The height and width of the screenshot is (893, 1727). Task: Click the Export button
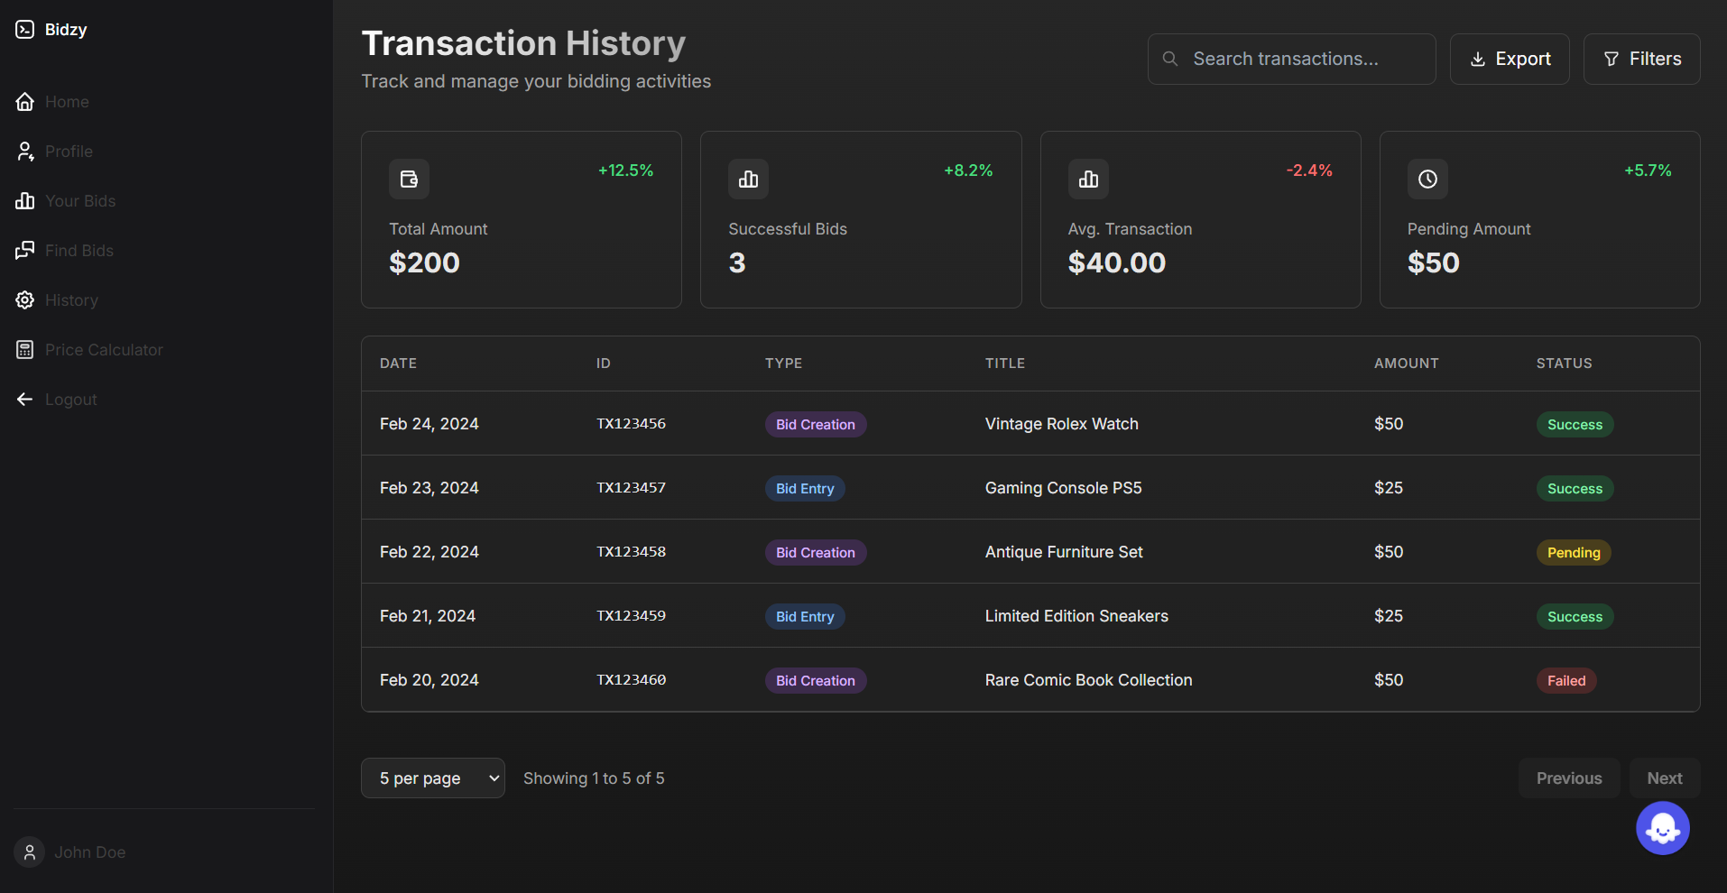pos(1510,59)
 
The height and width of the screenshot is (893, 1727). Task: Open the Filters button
pos(1641,59)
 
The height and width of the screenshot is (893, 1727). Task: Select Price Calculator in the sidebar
pos(104,350)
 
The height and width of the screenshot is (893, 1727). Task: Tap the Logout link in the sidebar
pos(70,400)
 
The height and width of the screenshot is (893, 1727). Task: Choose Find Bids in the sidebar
pos(79,251)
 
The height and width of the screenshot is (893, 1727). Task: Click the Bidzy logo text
pos(66,30)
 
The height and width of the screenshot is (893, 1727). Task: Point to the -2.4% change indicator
pos(1308,170)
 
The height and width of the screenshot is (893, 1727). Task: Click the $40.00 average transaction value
pos(1116,262)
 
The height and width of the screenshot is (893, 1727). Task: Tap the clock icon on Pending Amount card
pos(1427,179)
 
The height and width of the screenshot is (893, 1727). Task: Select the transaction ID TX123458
pos(631,552)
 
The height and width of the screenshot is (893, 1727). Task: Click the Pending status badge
pos(1574,552)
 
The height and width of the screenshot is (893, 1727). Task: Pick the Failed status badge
pos(1566,680)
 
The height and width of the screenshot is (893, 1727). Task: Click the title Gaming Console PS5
pos(1063,488)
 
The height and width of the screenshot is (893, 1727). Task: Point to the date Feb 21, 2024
pos(428,616)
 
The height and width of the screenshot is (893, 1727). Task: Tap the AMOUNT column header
pos(1406,364)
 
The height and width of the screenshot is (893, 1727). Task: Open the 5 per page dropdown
pos(432,778)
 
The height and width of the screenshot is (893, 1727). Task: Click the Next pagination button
pos(1664,778)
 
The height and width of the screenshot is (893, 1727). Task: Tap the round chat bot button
pos(1662,828)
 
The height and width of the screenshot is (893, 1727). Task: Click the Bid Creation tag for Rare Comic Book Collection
pos(815,680)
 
